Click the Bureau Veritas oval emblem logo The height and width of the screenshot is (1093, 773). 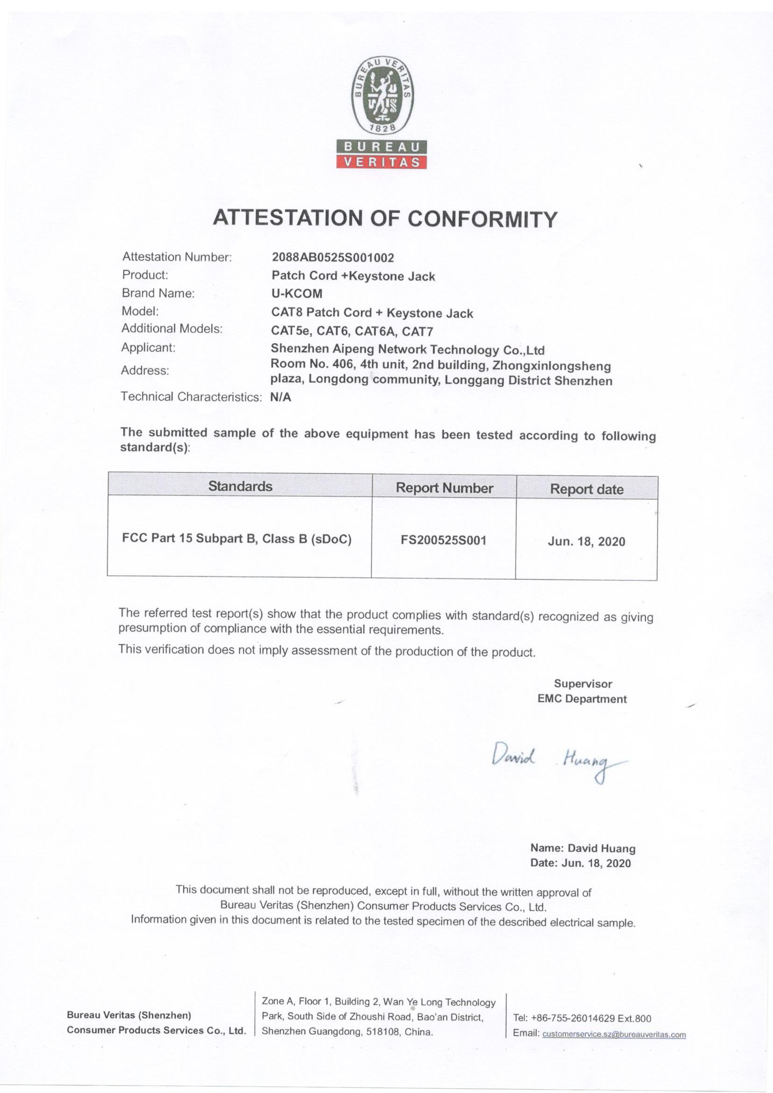click(x=383, y=96)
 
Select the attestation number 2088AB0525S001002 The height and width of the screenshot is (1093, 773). click(x=333, y=258)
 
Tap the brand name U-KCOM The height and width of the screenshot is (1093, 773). click(x=297, y=294)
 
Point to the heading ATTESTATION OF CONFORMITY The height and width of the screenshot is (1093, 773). click(x=385, y=218)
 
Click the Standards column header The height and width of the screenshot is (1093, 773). click(x=240, y=486)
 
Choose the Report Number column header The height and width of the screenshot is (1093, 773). click(x=444, y=488)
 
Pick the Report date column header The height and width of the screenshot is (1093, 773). click(x=587, y=489)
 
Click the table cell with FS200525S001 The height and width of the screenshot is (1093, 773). click(x=444, y=540)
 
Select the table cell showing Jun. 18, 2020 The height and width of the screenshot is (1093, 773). click(x=587, y=541)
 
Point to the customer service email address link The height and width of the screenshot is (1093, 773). click(x=614, y=1034)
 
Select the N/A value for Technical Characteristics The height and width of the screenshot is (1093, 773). click(x=280, y=397)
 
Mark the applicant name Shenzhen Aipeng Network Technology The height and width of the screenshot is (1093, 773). click(x=408, y=350)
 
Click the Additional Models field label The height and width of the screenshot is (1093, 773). click(x=172, y=329)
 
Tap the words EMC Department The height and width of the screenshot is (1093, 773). click(x=582, y=699)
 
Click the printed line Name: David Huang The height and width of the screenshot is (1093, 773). click(x=583, y=849)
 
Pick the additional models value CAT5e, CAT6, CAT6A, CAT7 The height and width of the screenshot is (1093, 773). click(x=352, y=331)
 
